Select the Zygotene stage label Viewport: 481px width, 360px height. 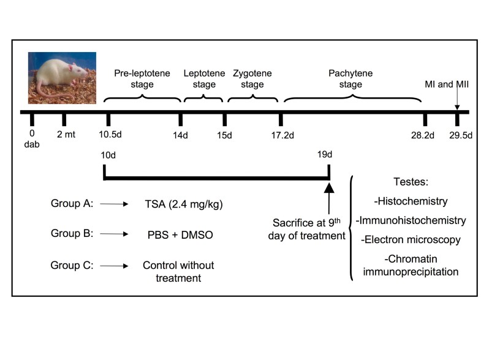point(252,78)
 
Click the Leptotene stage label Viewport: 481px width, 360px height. point(200,78)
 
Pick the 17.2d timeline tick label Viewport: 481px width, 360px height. point(284,135)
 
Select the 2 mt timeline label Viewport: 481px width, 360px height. point(66,135)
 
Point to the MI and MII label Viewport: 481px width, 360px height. point(447,84)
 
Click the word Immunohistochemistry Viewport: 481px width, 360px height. point(412,220)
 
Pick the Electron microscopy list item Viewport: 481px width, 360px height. point(412,239)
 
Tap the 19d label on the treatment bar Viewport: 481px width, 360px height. point(324,155)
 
